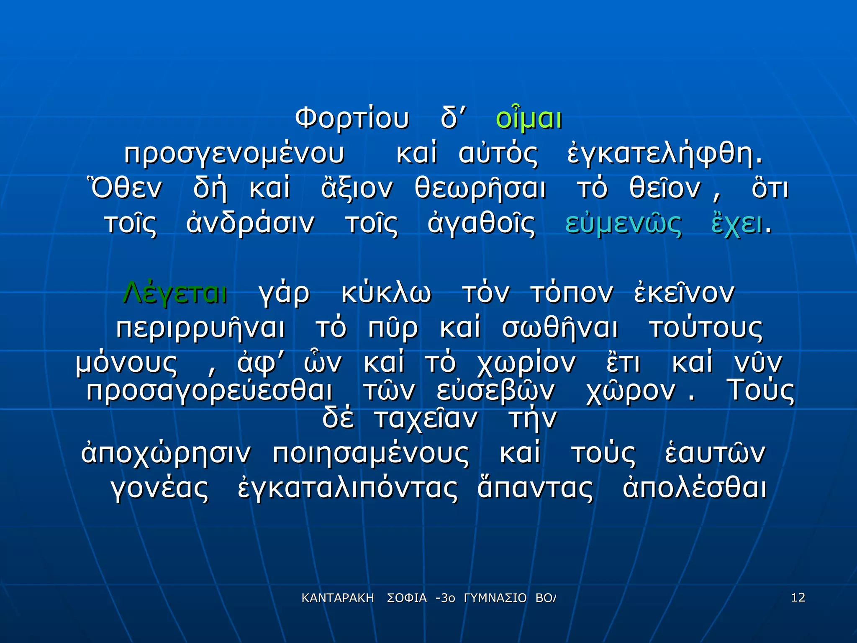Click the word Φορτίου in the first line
[352, 118]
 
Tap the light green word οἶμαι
[529, 118]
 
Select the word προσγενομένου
[234, 154]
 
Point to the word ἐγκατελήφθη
[665, 154]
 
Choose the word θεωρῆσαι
[480, 189]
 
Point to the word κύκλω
[386, 293]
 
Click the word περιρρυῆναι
[201, 328]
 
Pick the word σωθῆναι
[560, 328]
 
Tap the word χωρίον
[526, 363]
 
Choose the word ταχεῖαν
[426, 419]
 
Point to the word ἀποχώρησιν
[166, 453]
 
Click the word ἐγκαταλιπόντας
[348, 489]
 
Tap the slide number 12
[798, 597]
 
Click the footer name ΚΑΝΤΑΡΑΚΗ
[338, 598]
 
